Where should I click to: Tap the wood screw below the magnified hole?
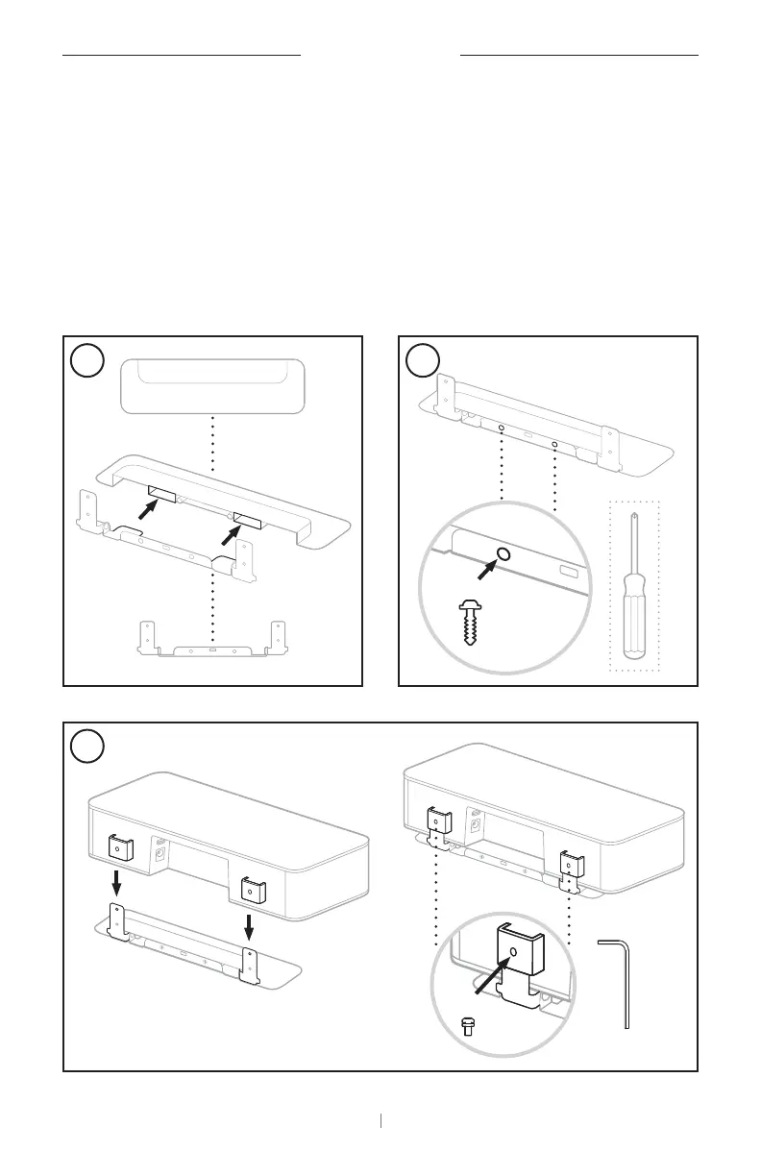470,624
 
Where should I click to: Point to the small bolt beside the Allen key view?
469,1025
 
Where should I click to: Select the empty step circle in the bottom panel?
88,747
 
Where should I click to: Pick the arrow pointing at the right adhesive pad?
225,529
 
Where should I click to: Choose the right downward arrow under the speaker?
249,927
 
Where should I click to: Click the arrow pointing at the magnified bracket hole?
491,976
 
